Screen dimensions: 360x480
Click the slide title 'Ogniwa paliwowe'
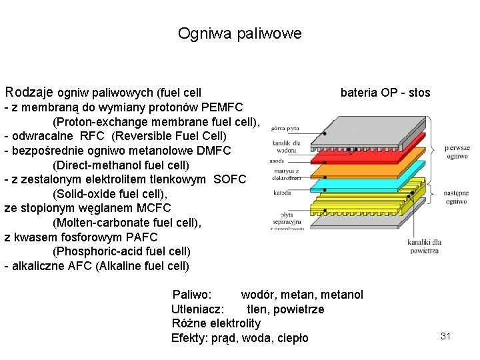(x=239, y=33)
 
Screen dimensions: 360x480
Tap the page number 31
(x=446, y=336)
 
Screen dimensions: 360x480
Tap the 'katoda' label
(x=281, y=193)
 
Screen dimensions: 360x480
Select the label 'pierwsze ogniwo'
(x=457, y=152)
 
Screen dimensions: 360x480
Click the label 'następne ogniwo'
(x=457, y=197)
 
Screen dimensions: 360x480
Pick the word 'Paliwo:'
(x=192, y=295)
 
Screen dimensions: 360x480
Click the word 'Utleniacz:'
(x=198, y=309)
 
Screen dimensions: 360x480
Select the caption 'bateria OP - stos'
(x=385, y=93)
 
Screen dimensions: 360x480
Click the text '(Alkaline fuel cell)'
(x=142, y=266)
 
